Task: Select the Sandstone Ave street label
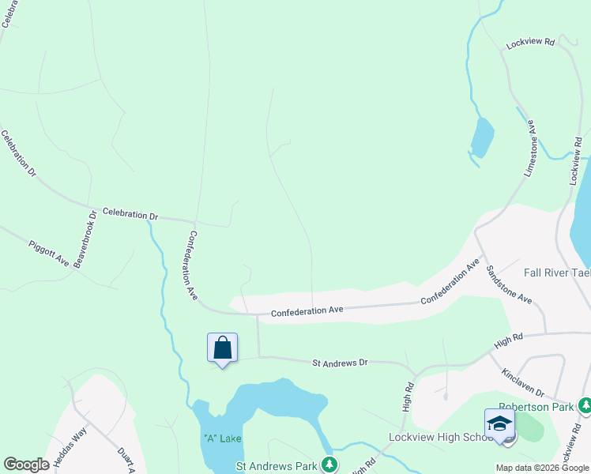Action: point(509,284)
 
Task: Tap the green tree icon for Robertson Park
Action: point(585,407)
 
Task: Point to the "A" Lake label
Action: point(221,438)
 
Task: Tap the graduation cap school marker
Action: point(500,424)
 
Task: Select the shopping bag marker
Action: point(222,348)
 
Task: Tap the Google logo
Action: point(26,465)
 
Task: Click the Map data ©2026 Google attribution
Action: point(542,468)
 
